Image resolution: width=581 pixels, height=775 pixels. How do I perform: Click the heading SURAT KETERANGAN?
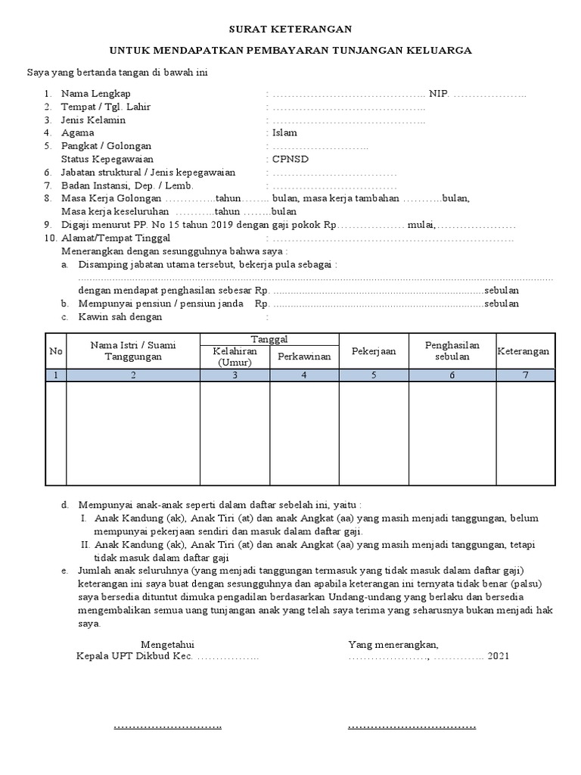[x=291, y=29]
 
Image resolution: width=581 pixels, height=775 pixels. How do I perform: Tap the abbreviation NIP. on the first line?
[x=440, y=93]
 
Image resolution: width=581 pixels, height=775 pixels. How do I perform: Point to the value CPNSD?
[x=290, y=159]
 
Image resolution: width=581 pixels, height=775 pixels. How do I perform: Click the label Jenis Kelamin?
[x=93, y=120]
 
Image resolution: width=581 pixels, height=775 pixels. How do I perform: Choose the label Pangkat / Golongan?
[x=106, y=146]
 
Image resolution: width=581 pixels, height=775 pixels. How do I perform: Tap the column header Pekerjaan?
[x=373, y=351]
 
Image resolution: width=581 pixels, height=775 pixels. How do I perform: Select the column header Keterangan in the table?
[x=524, y=351]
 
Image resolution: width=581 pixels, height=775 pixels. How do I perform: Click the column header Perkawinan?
[x=304, y=356]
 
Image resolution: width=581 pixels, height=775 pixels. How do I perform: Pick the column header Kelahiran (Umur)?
[x=235, y=356]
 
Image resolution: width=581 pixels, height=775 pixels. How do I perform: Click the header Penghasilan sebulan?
[x=452, y=351]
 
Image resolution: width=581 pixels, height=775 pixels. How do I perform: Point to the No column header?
[x=56, y=351]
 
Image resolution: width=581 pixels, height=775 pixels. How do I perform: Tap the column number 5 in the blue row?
[x=373, y=375]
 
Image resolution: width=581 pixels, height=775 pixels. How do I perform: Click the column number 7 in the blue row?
[x=524, y=375]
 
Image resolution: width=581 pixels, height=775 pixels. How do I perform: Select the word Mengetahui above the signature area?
[x=167, y=644]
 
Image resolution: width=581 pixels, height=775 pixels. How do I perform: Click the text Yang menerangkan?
[x=393, y=644]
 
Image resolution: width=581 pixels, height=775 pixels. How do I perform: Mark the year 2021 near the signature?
[x=499, y=656]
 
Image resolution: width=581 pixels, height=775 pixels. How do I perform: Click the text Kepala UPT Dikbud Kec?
[x=135, y=656]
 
